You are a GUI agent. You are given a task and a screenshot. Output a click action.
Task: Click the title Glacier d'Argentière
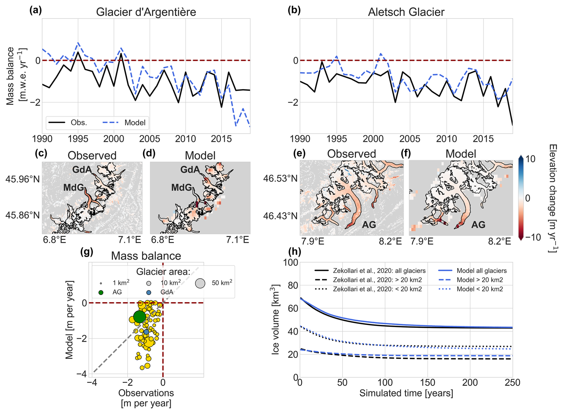click(x=146, y=12)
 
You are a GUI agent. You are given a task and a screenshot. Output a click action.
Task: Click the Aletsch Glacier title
click(x=406, y=12)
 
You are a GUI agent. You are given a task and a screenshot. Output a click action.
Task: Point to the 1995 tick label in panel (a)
click(x=78, y=139)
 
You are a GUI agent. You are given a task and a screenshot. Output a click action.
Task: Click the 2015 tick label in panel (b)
click(x=484, y=139)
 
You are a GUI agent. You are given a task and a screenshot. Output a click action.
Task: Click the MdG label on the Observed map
click(x=74, y=187)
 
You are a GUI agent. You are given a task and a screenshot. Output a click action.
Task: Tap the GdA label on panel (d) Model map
click(x=190, y=170)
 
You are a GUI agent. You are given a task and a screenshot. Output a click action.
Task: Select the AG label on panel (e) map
click(x=369, y=225)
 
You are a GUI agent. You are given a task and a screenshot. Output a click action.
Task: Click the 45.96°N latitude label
click(x=23, y=179)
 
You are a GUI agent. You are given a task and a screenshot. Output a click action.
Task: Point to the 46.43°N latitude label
click(x=280, y=215)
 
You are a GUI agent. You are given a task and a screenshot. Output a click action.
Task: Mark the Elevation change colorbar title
click(x=553, y=198)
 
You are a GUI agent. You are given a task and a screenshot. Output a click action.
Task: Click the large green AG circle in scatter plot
click(x=140, y=317)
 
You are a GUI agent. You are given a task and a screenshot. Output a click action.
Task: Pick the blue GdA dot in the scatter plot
click(x=146, y=332)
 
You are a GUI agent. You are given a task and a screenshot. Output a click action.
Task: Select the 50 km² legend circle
click(x=200, y=283)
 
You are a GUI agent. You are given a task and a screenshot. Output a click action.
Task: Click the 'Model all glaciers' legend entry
click(x=481, y=271)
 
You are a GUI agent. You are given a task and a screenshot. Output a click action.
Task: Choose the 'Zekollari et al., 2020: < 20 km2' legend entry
click(x=377, y=289)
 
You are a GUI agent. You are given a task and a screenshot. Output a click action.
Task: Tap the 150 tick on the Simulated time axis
click(x=427, y=382)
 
